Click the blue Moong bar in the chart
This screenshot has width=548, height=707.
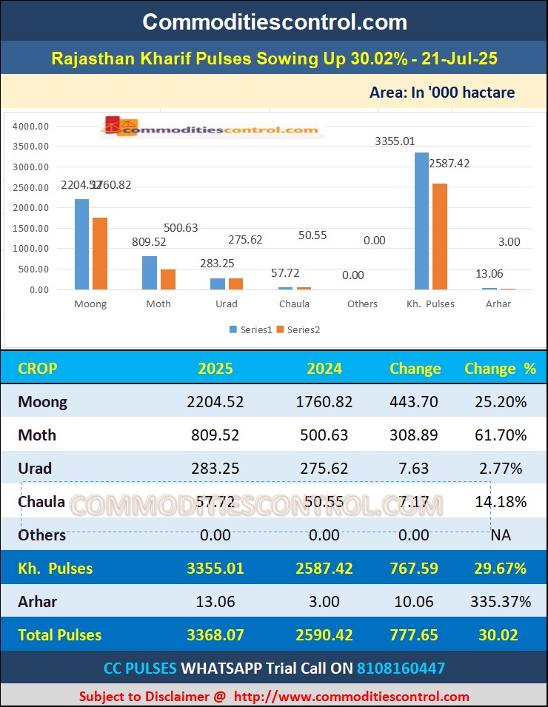[81, 244]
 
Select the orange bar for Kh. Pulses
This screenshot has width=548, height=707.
[440, 236]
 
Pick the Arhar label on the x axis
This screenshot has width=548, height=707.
[498, 304]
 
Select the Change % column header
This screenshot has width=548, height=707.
[500, 368]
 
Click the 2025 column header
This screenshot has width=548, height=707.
[215, 368]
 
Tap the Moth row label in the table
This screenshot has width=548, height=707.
[37, 435]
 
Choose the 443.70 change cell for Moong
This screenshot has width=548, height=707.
[413, 402]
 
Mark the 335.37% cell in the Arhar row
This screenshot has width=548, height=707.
[501, 601]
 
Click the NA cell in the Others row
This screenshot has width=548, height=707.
[501, 535]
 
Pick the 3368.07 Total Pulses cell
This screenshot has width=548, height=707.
[215, 634]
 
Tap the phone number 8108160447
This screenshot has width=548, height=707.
[401, 668]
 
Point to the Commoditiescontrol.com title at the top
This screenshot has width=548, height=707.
[274, 21]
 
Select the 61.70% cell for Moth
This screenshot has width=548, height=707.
[501, 435]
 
